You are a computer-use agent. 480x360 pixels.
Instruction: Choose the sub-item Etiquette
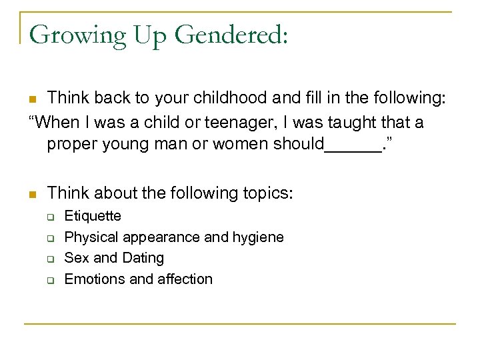[x=93, y=216]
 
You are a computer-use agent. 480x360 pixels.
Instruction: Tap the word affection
[x=183, y=279]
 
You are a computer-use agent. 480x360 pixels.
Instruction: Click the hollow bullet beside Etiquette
[x=49, y=217]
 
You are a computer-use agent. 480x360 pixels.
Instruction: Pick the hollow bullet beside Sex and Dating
[x=49, y=259]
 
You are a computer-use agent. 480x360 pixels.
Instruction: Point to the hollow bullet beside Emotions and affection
[x=49, y=281]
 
